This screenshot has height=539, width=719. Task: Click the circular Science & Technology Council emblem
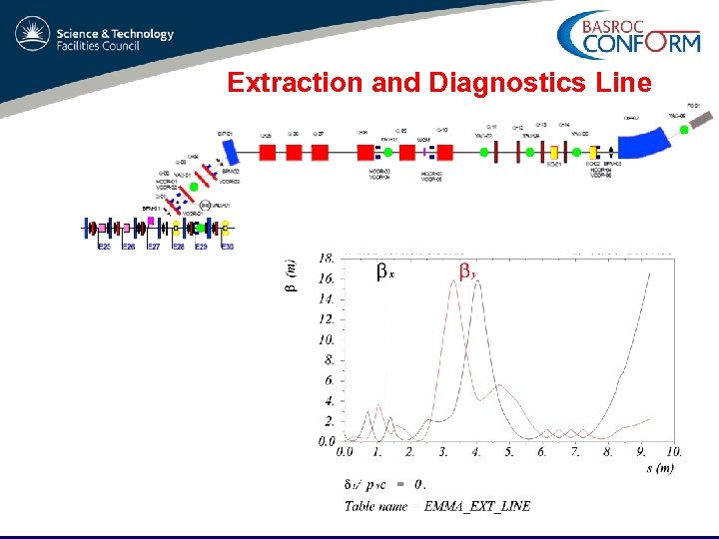click(32, 36)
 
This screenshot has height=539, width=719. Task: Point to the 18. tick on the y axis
click(327, 259)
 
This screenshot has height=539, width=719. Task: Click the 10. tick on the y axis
click(328, 340)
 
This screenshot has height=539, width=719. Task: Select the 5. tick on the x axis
click(509, 452)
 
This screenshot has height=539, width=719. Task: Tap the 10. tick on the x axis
click(674, 452)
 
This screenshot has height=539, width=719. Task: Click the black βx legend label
click(385, 271)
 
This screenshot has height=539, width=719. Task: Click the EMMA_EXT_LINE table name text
click(477, 506)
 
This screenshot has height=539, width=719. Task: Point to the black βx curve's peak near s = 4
click(478, 282)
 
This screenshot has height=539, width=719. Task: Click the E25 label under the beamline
click(103, 247)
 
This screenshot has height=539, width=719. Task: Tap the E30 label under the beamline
click(228, 247)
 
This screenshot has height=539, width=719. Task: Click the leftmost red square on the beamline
click(268, 153)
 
